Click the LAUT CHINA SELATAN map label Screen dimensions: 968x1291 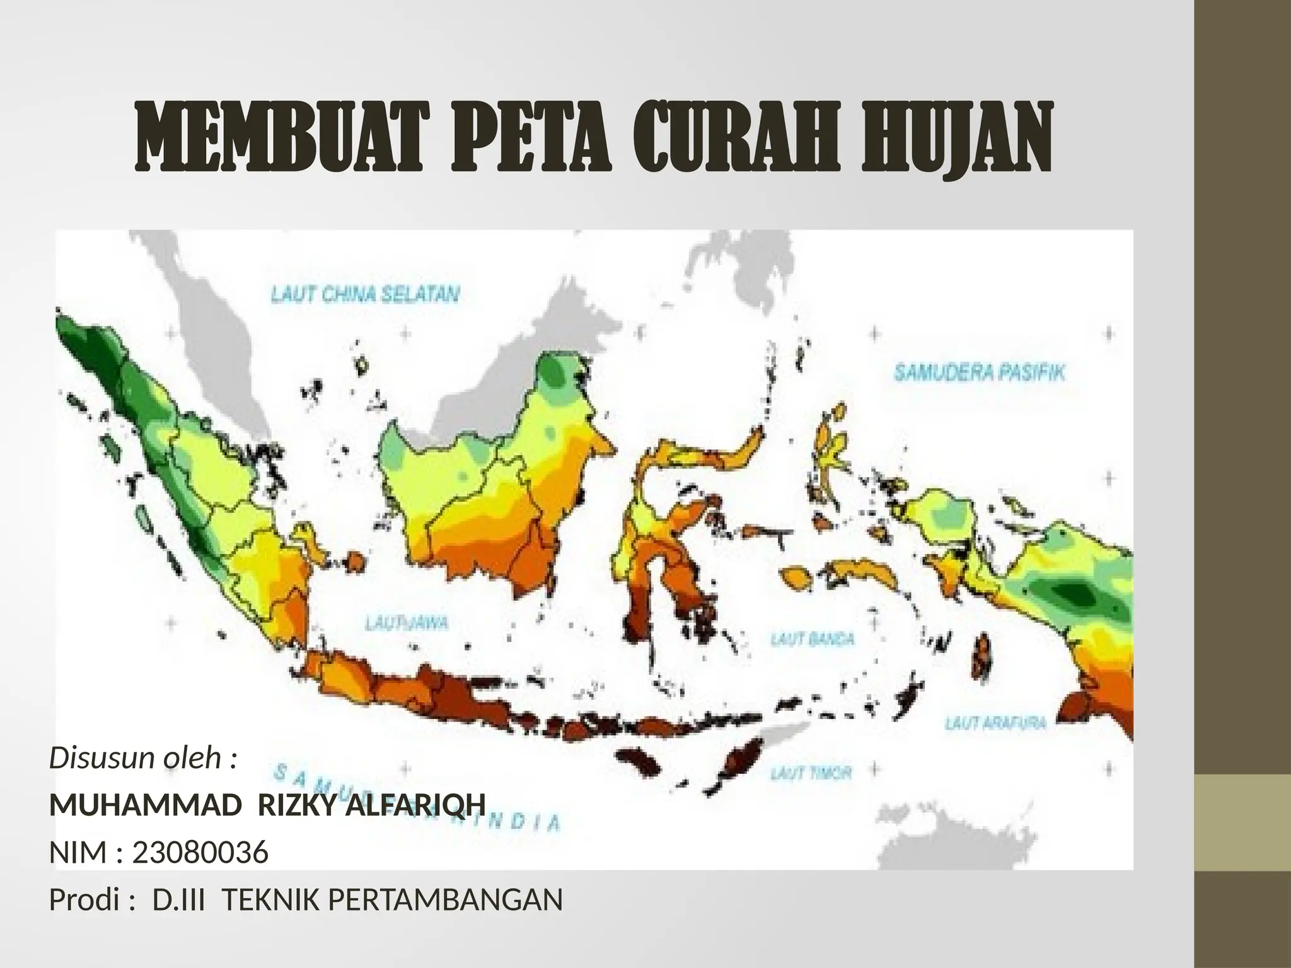pyautogui.click(x=365, y=294)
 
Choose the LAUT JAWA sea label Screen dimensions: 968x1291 pyautogui.click(x=407, y=623)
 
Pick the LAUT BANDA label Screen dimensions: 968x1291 pyautogui.click(x=813, y=639)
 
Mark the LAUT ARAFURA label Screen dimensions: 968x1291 pyautogui.click(x=995, y=723)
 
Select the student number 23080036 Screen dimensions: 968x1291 pyautogui.click(x=200, y=853)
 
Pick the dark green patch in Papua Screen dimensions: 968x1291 pyautogui.click(x=1072, y=592)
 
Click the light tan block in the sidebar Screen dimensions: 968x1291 pyautogui.click(x=1243, y=822)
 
